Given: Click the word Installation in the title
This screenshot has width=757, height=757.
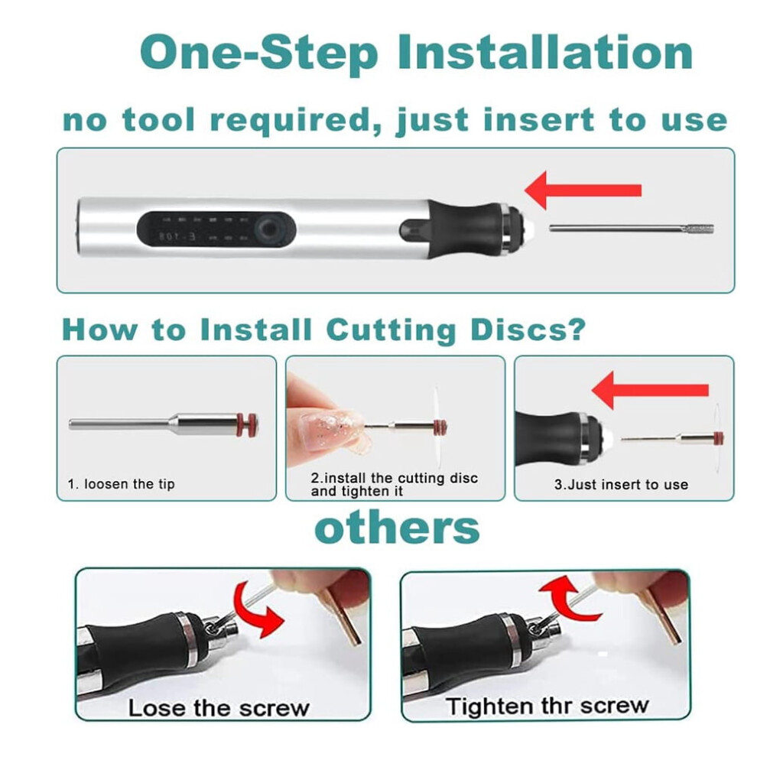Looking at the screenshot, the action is (x=545, y=52).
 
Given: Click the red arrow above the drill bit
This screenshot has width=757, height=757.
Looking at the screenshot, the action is (x=583, y=190).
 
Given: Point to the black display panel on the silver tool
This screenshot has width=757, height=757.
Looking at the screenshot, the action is (x=216, y=227).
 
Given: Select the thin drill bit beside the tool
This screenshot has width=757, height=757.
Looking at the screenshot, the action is (x=632, y=229).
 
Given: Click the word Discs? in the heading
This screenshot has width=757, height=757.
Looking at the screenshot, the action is (x=528, y=330).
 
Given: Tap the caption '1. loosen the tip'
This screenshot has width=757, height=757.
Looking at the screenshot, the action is (x=121, y=484).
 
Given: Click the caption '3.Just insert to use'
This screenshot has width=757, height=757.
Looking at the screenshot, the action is (x=622, y=484).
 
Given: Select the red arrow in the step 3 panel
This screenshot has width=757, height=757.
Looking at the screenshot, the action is (x=650, y=390).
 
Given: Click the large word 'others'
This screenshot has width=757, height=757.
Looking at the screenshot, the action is (x=397, y=528).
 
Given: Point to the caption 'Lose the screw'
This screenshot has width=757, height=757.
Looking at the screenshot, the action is (x=219, y=708).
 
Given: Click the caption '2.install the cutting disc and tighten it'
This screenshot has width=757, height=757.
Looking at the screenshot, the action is (x=395, y=485).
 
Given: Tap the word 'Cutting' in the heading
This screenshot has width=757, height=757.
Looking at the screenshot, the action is (x=391, y=331).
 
